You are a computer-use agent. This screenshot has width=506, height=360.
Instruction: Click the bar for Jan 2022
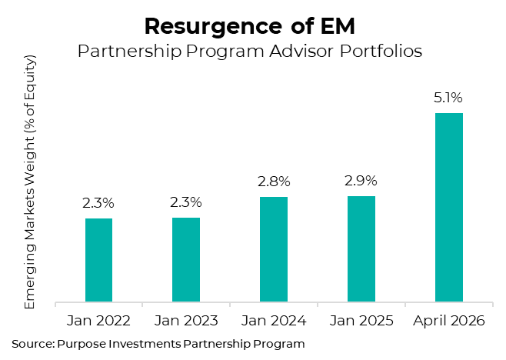[x=98, y=260]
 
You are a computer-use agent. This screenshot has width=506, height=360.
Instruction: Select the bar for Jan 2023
[x=186, y=260]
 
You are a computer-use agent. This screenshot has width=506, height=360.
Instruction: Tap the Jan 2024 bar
[x=274, y=249]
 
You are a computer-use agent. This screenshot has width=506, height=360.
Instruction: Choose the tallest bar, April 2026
[x=449, y=208]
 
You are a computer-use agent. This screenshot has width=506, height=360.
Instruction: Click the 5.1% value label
[x=449, y=98]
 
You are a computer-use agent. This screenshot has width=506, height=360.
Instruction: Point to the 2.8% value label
[x=274, y=182]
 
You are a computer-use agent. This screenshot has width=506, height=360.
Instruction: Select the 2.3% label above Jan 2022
[x=98, y=203]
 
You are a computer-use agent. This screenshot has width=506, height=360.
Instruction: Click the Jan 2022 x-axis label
[x=98, y=320]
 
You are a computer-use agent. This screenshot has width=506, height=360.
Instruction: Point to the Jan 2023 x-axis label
[x=186, y=320]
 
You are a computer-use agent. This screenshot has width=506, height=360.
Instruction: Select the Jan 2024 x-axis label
[x=274, y=320]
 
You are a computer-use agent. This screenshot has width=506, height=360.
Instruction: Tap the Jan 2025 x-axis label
[x=361, y=320]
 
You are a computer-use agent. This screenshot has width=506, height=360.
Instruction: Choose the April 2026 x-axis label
[x=449, y=320]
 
